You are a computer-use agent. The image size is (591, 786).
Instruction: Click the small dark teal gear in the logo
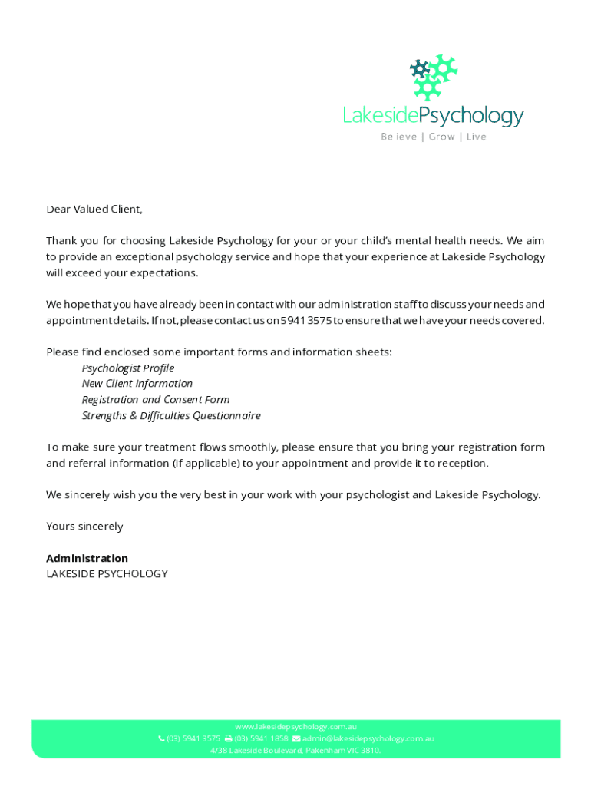tap(419, 69)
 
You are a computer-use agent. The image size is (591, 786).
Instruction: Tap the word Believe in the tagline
tap(399, 137)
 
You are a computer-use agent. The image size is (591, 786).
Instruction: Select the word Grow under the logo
tap(441, 137)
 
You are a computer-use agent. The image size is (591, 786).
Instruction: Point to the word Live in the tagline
tap(476, 137)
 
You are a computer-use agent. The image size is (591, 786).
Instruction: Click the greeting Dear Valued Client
tap(94, 209)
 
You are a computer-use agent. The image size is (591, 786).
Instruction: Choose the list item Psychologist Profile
tap(128, 368)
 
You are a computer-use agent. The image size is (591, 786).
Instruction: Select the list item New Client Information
tap(137, 383)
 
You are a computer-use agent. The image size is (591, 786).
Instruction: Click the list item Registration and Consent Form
tap(156, 399)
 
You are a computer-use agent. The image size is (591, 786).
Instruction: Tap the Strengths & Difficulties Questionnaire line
tap(171, 415)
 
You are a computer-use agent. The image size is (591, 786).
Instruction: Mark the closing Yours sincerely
tap(84, 526)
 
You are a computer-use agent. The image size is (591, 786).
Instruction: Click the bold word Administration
tap(87, 558)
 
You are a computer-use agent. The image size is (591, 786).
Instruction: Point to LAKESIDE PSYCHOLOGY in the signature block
tap(107, 573)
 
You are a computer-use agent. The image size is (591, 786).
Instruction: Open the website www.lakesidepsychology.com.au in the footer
tap(295, 726)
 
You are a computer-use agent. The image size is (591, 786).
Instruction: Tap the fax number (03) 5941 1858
tap(261, 738)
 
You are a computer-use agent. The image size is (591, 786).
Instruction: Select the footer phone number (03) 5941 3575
tap(193, 738)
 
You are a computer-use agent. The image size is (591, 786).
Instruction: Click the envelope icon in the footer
tap(296, 738)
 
